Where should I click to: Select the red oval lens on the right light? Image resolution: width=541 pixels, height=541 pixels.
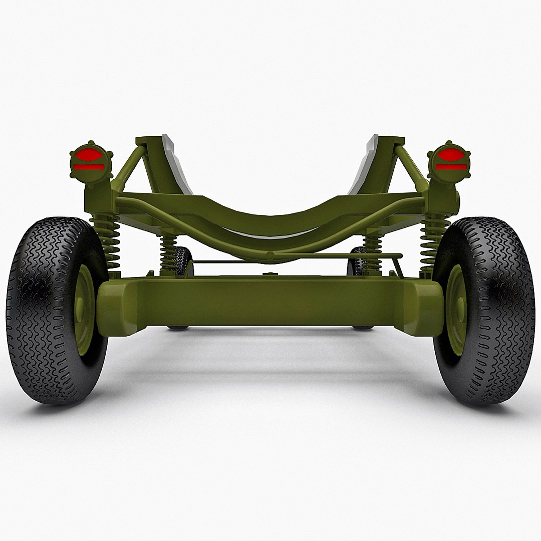451,154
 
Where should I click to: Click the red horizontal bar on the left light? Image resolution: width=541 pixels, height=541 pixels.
89,167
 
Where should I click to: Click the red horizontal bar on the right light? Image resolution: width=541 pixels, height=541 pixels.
451,167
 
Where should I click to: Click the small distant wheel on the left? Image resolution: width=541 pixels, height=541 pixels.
183,260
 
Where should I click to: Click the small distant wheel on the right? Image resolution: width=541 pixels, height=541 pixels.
357,260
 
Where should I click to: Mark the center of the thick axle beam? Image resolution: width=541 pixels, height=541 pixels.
270,301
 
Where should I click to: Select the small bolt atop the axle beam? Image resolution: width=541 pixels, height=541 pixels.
270,274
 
